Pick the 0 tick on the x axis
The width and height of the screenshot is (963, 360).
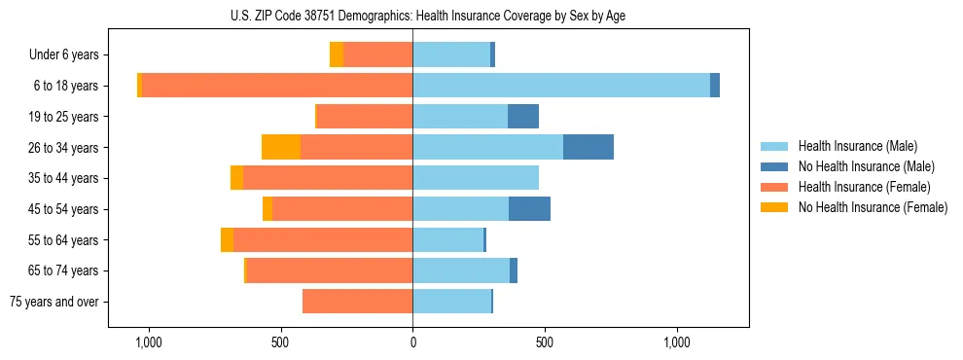(412, 342)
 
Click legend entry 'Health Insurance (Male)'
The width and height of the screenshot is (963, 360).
(857, 146)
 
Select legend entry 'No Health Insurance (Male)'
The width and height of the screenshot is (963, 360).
(866, 166)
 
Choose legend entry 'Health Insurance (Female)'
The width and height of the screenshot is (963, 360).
(864, 187)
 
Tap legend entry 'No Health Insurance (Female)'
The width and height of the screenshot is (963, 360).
(873, 207)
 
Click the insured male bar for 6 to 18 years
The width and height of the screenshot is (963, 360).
(561, 86)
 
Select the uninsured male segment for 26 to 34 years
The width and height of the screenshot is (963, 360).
(588, 147)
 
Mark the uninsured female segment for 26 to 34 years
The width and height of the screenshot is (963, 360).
(281, 147)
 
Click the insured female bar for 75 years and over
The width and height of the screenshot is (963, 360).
(357, 302)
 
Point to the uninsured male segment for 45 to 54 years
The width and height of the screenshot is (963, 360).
(529, 209)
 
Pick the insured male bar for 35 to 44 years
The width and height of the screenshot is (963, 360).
(476, 178)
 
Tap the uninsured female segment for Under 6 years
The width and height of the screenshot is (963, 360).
(337, 55)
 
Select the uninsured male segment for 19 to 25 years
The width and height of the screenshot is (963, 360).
(523, 117)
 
